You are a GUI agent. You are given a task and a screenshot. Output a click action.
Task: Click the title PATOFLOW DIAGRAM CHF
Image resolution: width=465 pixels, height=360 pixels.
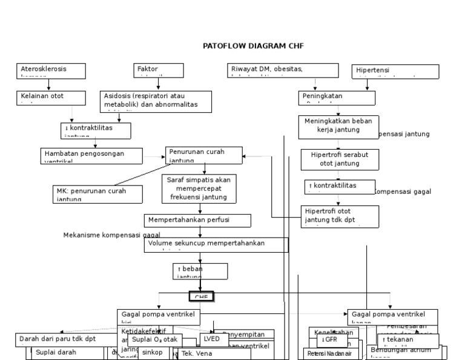click(x=253, y=45)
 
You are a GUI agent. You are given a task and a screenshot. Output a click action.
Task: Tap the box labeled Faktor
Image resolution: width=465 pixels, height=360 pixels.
click(x=158, y=70)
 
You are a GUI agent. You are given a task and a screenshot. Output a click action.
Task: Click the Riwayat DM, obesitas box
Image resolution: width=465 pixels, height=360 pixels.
click(x=282, y=70)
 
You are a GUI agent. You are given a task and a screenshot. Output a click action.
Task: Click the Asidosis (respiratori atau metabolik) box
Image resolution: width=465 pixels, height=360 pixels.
click(x=155, y=101)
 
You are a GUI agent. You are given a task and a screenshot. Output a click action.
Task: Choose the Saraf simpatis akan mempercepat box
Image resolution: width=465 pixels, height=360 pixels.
click(x=200, y=188)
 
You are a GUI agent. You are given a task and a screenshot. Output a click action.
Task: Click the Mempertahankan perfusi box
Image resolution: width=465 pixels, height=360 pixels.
click(x=197, y=219)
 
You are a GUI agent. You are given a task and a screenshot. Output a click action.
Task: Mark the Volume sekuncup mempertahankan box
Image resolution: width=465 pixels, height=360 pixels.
click(x=216, y=244)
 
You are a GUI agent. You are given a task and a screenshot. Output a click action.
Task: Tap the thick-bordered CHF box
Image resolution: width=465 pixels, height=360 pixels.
click(x=202, y=297)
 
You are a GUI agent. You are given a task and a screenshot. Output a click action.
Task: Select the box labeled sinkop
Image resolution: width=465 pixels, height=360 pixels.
click(x=153, y=353)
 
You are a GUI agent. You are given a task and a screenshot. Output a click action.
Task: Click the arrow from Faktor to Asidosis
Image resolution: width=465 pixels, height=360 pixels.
click(x=158, y=84)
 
